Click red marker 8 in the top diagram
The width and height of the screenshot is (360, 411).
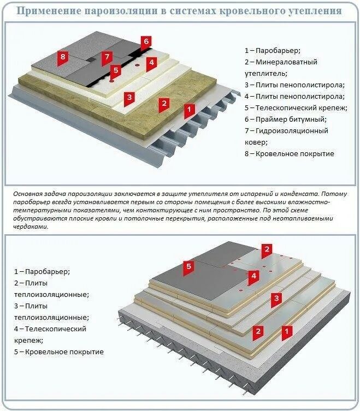coord(63,56)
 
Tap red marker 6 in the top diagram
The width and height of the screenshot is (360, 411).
coord(145,41)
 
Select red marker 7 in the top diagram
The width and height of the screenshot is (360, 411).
coord(107,56)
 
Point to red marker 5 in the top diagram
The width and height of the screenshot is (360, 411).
coord(115,70)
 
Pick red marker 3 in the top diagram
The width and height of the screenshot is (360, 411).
coord(129,98)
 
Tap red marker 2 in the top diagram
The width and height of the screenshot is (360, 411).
coord(163,103)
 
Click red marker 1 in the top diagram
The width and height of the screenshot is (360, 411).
coord(189,110)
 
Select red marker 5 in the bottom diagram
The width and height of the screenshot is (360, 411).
coord(188,266)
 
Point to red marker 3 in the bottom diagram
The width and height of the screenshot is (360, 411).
coord(276,298)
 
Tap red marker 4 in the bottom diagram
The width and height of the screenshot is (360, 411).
coord(253,276)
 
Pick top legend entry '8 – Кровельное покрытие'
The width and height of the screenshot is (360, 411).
coord(290,154)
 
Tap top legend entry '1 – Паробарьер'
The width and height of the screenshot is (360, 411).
coord(272,50)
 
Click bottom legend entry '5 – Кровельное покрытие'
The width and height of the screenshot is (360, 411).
coord(59,352)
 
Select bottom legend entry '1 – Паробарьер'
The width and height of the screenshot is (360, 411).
coord(42,271)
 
